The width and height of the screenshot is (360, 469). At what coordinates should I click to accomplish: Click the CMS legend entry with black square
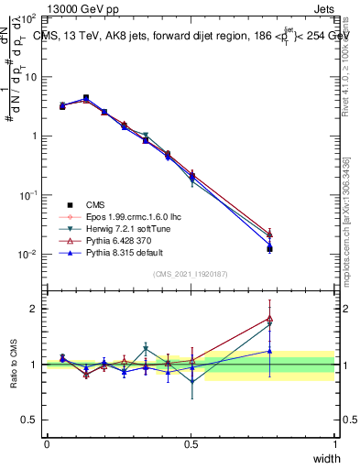(95, 203)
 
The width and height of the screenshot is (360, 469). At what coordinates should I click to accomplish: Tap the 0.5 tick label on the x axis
(191, 443)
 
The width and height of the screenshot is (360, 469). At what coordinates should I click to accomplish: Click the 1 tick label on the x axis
(335, 443)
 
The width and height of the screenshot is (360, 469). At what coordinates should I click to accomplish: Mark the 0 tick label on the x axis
(47, 443)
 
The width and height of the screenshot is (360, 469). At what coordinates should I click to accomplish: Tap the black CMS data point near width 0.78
(269, 248)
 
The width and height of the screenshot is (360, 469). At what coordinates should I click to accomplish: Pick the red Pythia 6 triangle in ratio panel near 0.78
(269, 319)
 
